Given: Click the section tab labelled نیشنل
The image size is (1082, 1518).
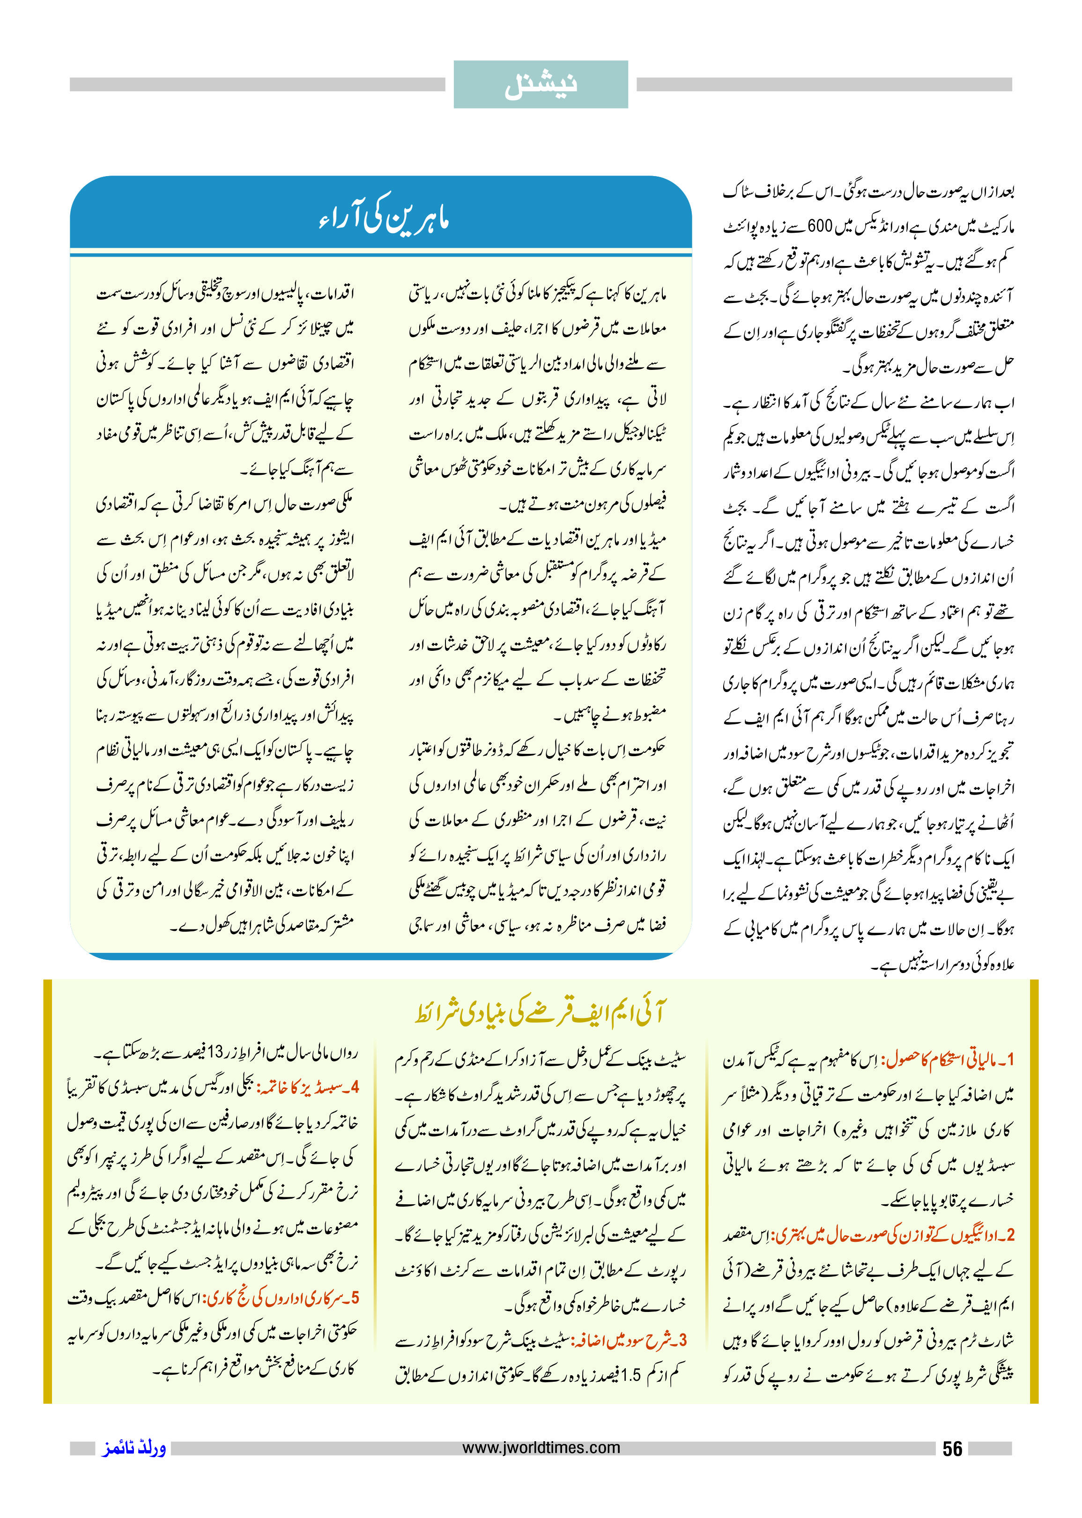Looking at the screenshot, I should [x=541, y=85].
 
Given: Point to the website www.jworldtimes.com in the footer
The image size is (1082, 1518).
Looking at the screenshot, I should [x=541, y=1447].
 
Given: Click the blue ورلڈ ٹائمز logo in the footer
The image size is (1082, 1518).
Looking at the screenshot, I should [x=134, y=1448].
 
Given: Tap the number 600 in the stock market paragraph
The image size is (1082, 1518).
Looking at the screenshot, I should [x=820, y=227].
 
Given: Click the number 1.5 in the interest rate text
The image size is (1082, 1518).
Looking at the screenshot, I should [x=630, y=1375].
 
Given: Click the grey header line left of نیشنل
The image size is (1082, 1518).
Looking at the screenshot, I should [x=257, y=85].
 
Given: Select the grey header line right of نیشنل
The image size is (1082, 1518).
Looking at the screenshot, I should [x=824, y=85].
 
